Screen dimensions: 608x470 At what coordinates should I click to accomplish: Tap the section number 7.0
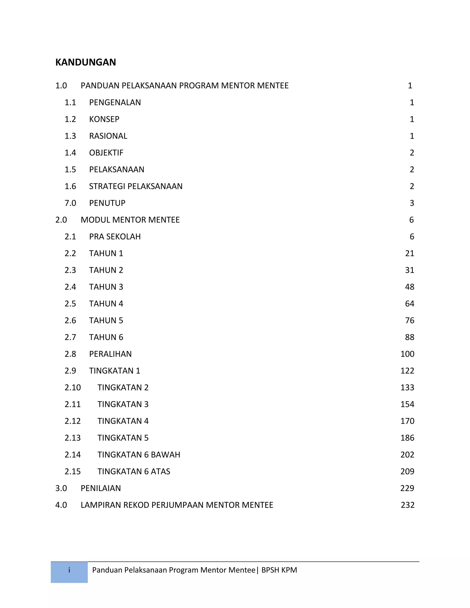tap(70, 203)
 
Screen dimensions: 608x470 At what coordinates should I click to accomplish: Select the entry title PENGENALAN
tap(115, 103)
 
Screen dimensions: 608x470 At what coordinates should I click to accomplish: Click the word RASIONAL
tap(108, 136)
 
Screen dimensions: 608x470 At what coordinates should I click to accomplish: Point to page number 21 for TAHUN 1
tap(410, 253)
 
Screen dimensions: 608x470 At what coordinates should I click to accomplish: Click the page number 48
tap(410, 287)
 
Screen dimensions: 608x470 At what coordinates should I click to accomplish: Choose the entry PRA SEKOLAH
tap(115, 237)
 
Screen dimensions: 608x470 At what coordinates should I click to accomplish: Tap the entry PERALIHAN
tap(110, 354)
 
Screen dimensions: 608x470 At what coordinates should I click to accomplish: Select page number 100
tap(407, 354)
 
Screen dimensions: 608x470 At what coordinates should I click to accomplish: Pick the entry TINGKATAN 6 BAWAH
tap(139, 455)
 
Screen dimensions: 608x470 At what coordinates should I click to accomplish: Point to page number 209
tap(407, 471)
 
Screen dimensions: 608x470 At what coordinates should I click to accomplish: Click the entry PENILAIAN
tap(101, 488)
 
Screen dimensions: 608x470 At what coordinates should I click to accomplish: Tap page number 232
tap(408, 505)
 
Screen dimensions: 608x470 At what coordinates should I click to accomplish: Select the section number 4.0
tap(61, 505)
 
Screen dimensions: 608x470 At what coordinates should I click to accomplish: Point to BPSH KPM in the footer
tap(279, 570)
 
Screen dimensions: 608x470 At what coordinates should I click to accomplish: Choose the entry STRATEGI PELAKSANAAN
tap(136, 186)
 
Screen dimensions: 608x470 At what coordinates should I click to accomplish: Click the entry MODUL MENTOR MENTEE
tap(130, 220)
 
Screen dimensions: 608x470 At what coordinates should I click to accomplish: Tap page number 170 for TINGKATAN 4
tap(407, 421)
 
